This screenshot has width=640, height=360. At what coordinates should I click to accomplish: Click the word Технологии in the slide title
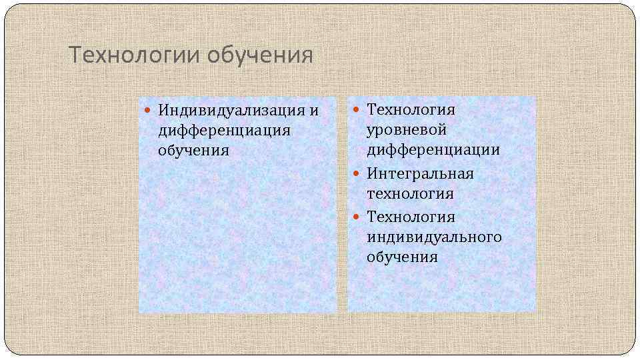pos(135,55)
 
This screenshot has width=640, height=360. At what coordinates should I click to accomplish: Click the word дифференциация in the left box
pos(224,129)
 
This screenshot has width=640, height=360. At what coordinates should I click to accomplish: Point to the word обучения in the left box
pos(193,150)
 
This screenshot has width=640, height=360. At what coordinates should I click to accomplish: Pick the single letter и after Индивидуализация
pos(314,110)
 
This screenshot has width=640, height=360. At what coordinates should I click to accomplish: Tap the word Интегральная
pos(420,173)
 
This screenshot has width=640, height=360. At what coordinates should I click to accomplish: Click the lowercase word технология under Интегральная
pos(410,194)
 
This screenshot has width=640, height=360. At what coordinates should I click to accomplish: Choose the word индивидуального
pos(434,237)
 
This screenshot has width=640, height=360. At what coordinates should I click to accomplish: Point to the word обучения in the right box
pos(402,257)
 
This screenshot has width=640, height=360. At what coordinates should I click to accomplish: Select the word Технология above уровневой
pos(411,109)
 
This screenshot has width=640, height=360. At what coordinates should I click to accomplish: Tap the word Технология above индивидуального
pos(411,217)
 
